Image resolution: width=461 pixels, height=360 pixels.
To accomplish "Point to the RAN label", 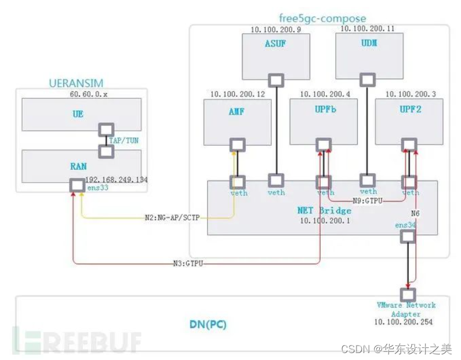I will pos(78,166).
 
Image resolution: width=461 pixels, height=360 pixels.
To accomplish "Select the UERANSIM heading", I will pos(77,83).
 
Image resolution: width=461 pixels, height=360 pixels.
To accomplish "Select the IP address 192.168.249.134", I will pos(116,180).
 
